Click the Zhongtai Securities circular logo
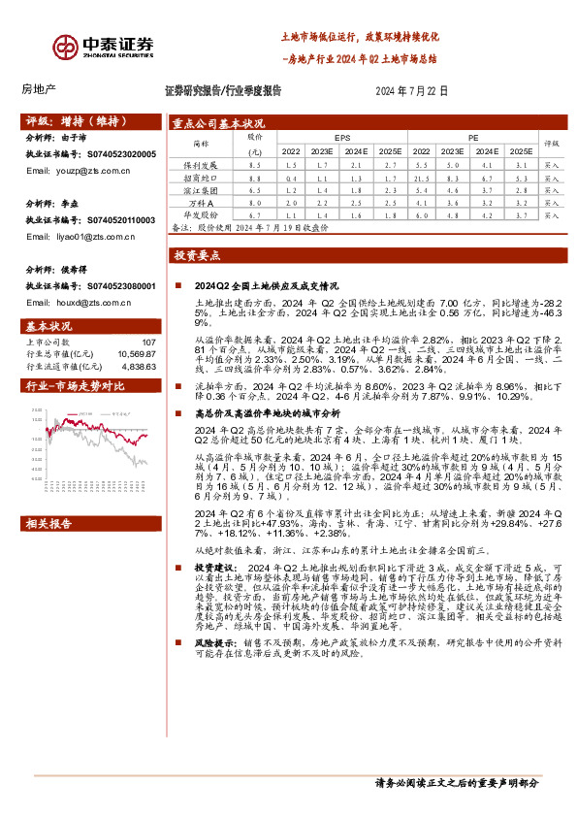click(x=66, y=47)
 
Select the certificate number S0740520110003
click(x=117, y=220)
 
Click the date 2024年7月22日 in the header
click(x=411, y=90)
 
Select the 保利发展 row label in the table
click(x=201, y=166)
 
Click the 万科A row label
click(x=201, y=203)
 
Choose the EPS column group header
click(x=342, y=139)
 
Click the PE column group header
click(x=472, y=139)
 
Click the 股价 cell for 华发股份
click(x=255, y=214)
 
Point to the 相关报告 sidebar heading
click(x=50, y=525)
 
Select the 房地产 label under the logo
click(x=39, y=90)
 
